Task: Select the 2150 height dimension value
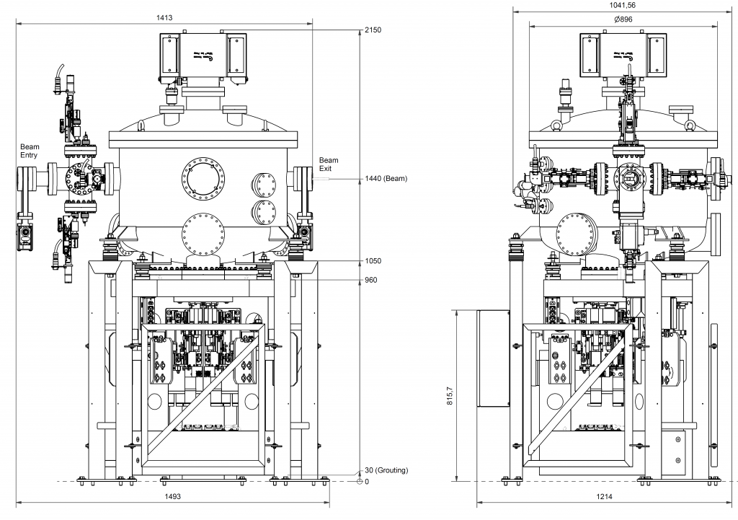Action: pos(373,30)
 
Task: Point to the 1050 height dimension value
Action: pos(373,261)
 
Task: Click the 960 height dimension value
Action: pos(372,280)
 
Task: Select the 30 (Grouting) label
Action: pos(386,470)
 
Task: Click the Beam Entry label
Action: pos(30,150)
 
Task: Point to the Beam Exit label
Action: pos(329,164)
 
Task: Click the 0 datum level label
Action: pos(367,482)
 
